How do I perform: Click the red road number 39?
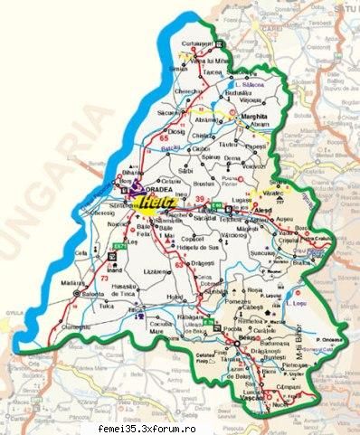(199, 194)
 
